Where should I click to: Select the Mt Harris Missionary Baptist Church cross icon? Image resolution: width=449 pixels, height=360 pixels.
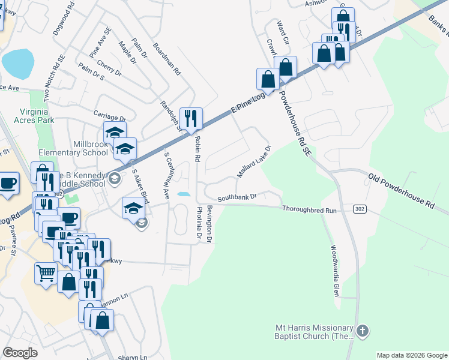tap(362, 331)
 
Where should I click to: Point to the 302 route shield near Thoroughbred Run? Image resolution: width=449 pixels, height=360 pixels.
tap(359, 208)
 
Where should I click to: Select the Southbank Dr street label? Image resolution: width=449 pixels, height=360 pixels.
tap(237, 197)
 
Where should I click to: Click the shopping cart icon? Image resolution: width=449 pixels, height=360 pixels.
tap(46, 274)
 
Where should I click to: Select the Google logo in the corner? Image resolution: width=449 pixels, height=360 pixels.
tap(20, 353)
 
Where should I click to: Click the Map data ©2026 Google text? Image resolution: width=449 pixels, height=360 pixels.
tap(412, 355)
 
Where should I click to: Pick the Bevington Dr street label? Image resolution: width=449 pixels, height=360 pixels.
tap(209, 224)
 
